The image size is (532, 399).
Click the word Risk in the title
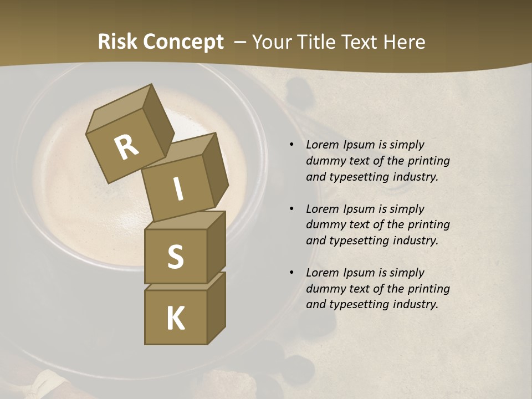[118, 42]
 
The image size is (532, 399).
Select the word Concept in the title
[183, 42]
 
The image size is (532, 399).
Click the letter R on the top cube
[126, 147]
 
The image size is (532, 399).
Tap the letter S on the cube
[175, 257]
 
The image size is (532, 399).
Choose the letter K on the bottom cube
[175, 319]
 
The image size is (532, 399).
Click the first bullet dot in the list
[291, 145]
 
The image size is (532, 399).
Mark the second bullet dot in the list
[291, 209]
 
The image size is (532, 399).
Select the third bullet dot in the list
[291, 273]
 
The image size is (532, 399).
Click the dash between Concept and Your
[241, 43]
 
